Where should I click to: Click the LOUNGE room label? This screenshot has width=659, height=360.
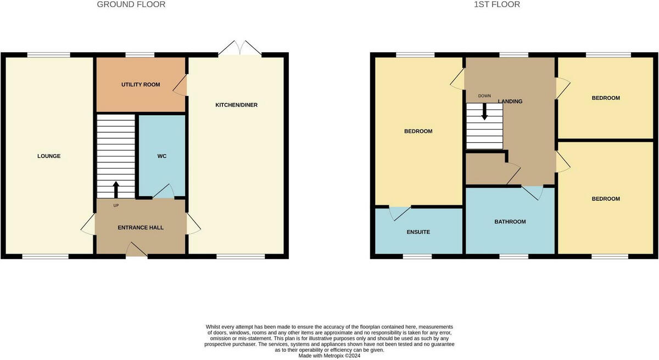tap(49, 156)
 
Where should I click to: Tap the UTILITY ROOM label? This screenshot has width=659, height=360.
tap(141, 85)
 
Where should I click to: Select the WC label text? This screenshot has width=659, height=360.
tap(162, 156)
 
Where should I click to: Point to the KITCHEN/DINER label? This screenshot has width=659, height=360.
tap(236, 105)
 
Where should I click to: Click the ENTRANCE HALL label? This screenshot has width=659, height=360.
tap(141, 227)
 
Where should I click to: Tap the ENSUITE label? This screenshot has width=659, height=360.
tap(418, 232)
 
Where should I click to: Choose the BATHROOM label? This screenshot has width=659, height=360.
tap(510, 222)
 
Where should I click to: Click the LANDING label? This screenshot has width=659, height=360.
tap(511, 102)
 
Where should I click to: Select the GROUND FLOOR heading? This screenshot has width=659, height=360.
tap(131, 4)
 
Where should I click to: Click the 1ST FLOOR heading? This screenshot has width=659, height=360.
tap(497, 4)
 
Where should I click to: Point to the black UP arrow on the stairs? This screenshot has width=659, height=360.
tap(116, 189)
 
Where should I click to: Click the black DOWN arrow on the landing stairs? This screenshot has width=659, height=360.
tap(484, 111)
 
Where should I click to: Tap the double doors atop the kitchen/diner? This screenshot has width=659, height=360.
tap(239, 48)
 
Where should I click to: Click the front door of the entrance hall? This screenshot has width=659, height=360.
tap(137, 250)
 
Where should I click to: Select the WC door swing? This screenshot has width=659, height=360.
tap(163, 191)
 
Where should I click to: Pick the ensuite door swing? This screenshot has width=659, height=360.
tap(399, 212)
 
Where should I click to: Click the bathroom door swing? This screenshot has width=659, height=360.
tap(532, 192)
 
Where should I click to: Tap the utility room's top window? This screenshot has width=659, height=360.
tap(139, 54)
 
